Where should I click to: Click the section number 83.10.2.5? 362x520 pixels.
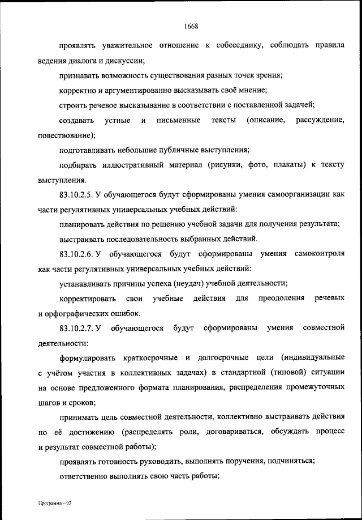click(75, 194)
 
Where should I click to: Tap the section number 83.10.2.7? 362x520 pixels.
click(75, 328)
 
